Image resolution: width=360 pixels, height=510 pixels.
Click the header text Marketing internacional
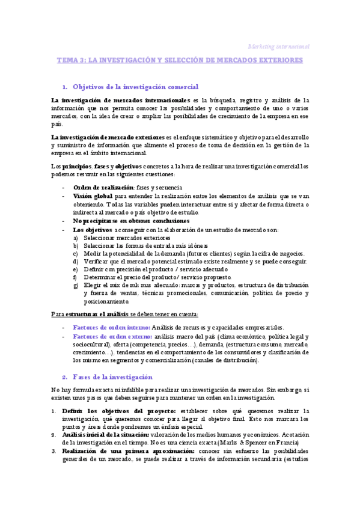279,46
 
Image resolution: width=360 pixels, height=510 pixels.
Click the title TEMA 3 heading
180,61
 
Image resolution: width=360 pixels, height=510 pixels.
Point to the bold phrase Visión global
93,196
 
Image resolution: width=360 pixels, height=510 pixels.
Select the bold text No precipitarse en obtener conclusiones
131,221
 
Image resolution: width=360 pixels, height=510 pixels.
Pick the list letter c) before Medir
75,254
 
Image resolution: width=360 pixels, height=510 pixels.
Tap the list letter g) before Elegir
75,285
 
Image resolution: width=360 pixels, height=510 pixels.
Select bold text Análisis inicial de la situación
105,434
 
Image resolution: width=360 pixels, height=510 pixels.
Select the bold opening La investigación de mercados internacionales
118,99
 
